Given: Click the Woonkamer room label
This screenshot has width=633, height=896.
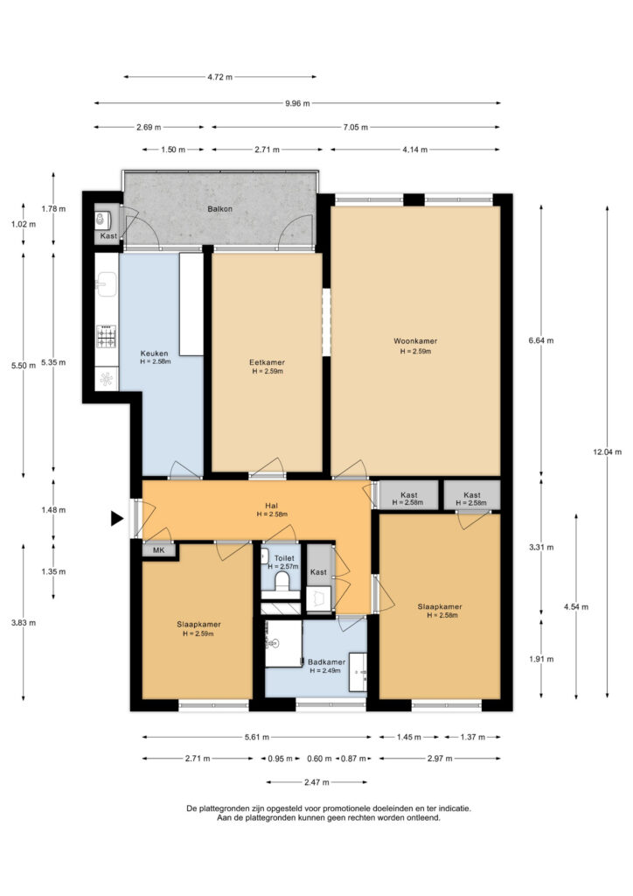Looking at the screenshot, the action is coord(415,341).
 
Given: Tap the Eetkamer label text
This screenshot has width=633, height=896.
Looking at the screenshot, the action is coord(267,362).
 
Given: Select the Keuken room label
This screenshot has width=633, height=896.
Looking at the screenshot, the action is coord(154,353).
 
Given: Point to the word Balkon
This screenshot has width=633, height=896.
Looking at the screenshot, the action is coord(219,209).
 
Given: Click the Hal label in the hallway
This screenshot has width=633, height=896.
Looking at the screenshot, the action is coord(271,506).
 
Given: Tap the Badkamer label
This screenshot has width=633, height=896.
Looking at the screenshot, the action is coord(326,662).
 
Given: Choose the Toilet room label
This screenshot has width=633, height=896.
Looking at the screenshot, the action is coord(284,558).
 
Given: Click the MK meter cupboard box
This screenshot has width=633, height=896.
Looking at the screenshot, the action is coord(158,550).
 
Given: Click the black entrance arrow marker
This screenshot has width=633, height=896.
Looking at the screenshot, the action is coord(117,518).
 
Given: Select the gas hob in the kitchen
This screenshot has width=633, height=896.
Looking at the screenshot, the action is coord(106,337).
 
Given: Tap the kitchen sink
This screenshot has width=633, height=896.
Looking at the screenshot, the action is coord(106,284).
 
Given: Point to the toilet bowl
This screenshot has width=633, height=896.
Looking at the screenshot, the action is coord(282,581).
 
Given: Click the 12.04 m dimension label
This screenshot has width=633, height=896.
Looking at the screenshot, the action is coord(607,452).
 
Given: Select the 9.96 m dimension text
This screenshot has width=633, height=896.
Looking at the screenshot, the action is coord(297,103).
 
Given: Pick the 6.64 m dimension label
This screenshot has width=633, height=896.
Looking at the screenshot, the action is coord(541,340).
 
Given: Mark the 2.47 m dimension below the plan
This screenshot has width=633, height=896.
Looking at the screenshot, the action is coord(316,782).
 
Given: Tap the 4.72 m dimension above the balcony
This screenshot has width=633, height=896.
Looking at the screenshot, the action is coord(219,77).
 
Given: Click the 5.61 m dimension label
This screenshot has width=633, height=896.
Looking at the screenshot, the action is coord(257,737).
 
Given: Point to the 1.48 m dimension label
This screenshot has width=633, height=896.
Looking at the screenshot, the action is coord(53,510).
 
